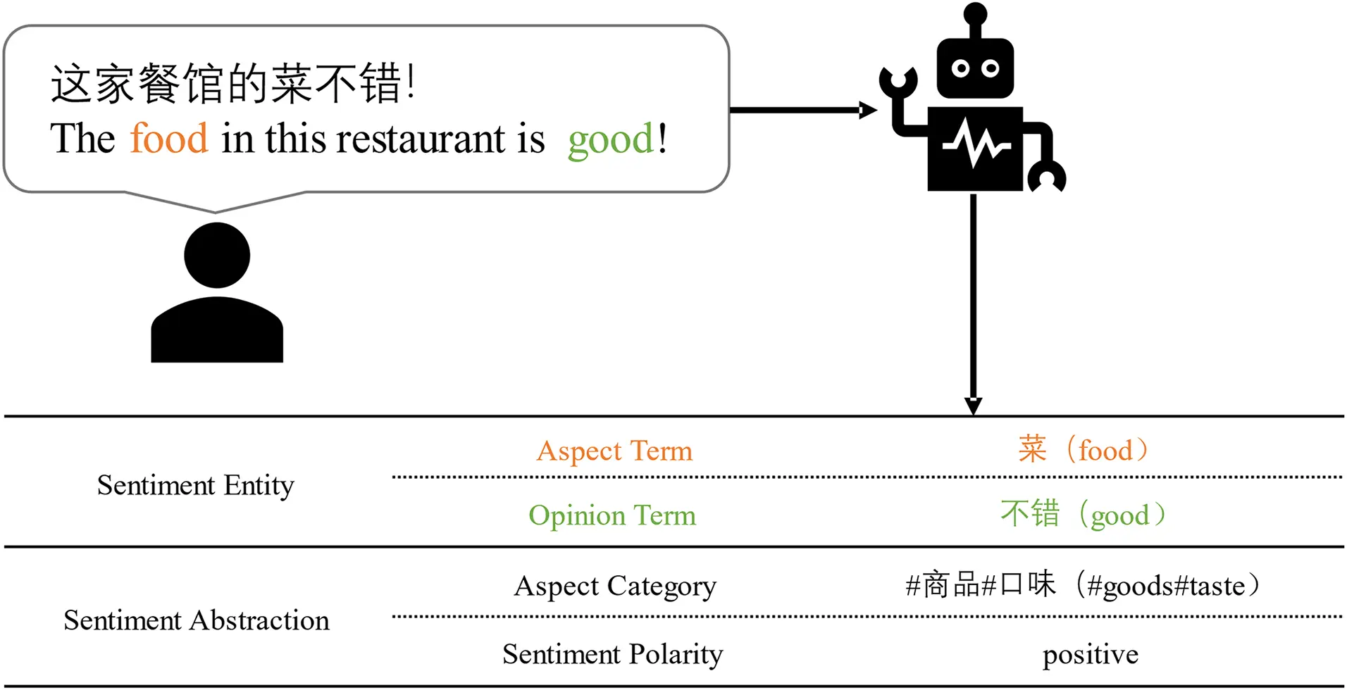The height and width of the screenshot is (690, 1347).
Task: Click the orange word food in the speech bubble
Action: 169,138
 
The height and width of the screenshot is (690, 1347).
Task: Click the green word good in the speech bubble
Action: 611,139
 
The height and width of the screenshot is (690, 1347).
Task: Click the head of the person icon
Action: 217,255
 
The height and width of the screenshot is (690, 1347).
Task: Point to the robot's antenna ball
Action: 975,13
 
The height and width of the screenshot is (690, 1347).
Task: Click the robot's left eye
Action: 960,68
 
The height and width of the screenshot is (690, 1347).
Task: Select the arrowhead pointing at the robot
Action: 869,110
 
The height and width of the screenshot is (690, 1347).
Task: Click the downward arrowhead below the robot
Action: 973,406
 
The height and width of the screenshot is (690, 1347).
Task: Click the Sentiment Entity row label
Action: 195,485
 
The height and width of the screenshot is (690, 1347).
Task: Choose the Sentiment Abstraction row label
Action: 196,620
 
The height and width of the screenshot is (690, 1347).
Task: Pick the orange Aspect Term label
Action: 614,451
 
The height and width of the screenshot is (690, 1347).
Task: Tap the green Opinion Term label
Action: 612,515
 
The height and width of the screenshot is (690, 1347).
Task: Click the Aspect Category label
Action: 614,586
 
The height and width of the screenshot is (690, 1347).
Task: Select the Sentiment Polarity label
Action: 612,654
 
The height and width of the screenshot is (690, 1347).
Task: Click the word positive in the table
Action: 1090,655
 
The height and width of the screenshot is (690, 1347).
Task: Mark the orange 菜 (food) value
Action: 1082,450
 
